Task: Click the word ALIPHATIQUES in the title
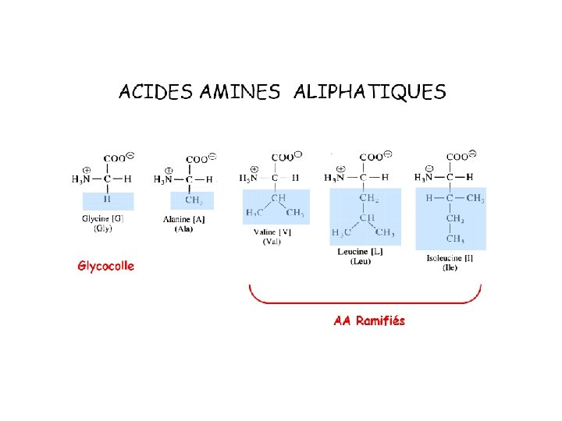click(369, 93)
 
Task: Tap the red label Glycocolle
click(105, 266)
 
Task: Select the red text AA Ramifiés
click(369, 320)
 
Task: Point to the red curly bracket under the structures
click(365, 300)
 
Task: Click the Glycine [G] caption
click(103, 219)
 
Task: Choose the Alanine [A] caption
click(184, 220)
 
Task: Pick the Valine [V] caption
click(272, 232)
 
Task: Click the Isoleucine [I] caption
click(450, 258)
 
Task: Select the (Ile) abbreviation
click(450, 267)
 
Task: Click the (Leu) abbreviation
click(360, 262)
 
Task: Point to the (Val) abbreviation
click(272, 241)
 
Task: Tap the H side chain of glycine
click(107, 200)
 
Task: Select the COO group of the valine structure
click(283, 157)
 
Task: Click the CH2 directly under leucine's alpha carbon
click(368, 198)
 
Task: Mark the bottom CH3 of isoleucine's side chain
click(455, 239)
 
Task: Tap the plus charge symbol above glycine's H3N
click(85, 169)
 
